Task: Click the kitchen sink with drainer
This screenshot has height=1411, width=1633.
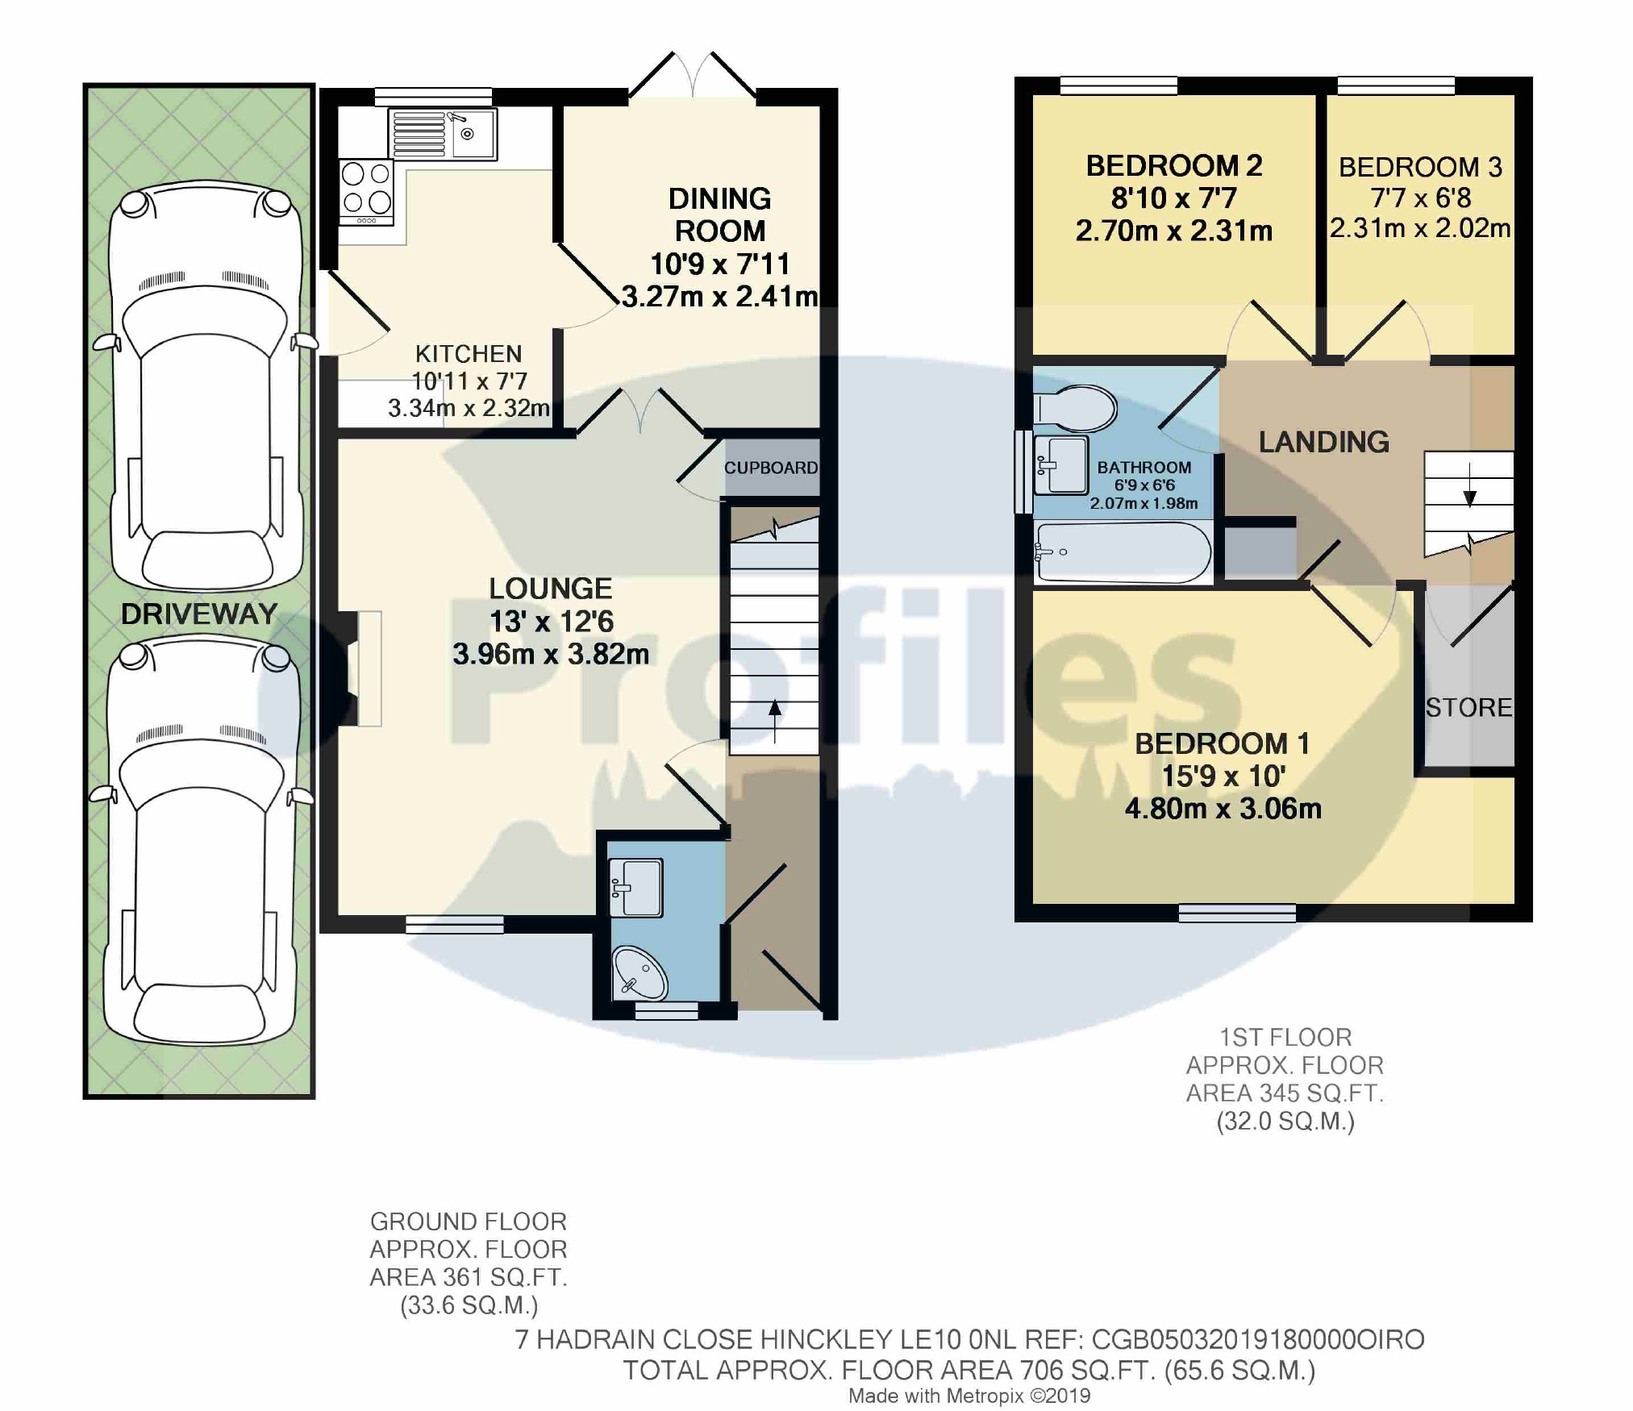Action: click(443, 134)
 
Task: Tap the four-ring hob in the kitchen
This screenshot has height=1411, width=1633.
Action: click(366, 192)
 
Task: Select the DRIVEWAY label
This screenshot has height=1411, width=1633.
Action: click(199, 614)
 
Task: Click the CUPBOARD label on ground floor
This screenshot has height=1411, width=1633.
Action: click(771, 468)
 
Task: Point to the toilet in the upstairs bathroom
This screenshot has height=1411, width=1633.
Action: click(1075, 408)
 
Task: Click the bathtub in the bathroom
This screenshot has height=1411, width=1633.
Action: click(1123, 552)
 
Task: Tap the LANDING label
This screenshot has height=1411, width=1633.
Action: click(1324, 442)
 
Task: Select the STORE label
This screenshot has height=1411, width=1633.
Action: click(1468, 707)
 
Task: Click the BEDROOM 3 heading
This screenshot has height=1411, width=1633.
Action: click(1420, 167)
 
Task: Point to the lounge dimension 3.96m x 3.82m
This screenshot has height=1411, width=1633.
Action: click(551, 654)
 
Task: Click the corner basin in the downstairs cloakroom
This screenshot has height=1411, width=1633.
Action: click(639, 972)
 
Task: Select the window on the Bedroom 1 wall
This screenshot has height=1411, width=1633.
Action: click(1237, 913)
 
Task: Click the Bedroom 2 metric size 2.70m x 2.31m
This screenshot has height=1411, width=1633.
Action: click(1174, 231)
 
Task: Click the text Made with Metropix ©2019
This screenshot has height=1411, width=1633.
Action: click(969, 1396)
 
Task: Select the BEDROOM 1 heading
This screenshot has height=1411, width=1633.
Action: click(1222, 743)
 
